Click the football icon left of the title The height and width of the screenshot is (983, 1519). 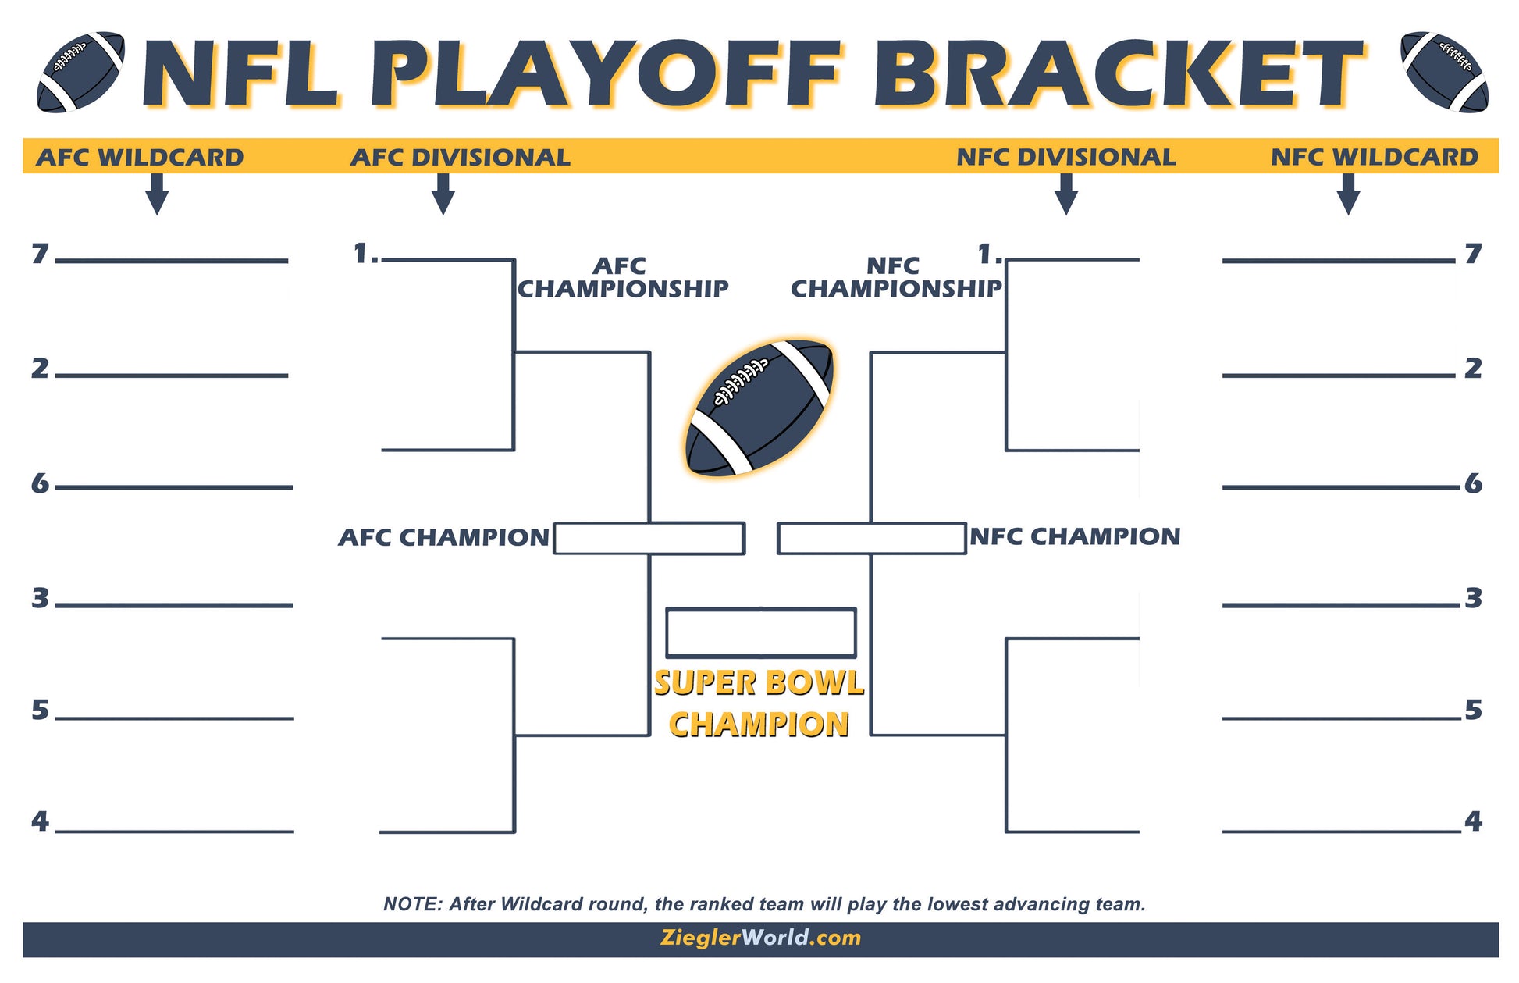coord(80,72)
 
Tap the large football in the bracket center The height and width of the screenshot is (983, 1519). coord(759,408)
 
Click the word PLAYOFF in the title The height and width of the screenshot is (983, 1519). coord(606,74)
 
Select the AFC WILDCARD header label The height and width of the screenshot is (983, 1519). coord(140,157)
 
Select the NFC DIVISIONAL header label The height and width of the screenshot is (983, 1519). coord(1065,157)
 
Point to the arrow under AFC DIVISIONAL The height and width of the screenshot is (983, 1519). coord(443,194)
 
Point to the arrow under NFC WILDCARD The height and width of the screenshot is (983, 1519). coord(1348,194)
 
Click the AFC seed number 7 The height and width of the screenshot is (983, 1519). coord(40,254)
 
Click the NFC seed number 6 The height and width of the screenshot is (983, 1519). coord(1473,483)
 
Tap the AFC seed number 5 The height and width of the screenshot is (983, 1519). coord(40,710)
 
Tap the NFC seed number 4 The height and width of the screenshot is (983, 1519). coord(1473,821)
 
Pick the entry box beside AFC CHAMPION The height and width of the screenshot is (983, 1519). coord(648,538)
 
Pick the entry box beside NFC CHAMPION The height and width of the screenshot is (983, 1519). coord(871,538)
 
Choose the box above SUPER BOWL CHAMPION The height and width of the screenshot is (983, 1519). coord(760,632)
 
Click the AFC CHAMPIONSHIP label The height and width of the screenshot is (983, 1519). coord(622,277)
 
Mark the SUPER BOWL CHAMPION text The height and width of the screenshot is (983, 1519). coord(759,703)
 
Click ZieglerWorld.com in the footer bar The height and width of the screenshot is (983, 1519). coord(760,938)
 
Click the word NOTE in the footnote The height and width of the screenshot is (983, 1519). coord(411,904)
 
